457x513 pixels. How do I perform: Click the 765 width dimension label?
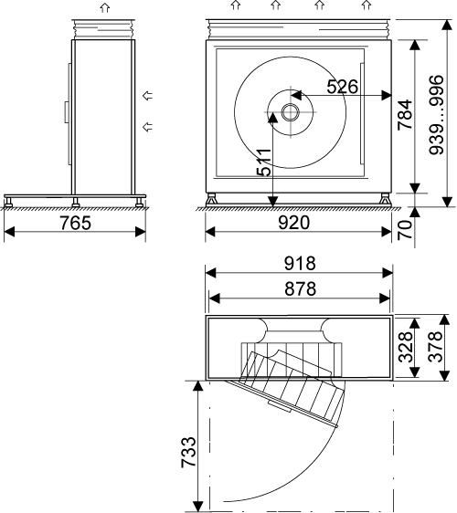[x=75, y=223]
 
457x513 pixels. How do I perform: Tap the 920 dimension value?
[x=294, y=223]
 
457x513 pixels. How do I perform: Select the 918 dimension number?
[x=300, y=264]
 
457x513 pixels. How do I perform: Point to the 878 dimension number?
[x=300, y=288]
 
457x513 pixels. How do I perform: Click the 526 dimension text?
[x=343, y=87]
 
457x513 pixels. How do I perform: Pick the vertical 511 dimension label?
[x=264, y=162]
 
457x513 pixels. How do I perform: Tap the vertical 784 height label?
[x=405, y=114]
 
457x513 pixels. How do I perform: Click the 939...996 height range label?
[x=436, y=114]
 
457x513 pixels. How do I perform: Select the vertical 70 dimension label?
[x=405, y=230]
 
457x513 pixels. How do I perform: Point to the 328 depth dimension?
[x=405, y=347]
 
